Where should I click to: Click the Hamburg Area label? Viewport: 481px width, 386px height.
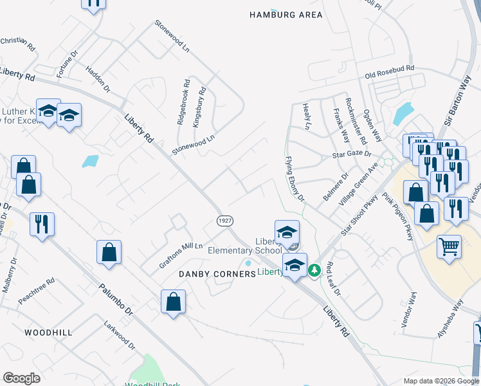click(x=286, y=15)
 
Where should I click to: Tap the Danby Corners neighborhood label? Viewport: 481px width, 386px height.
click(x=217, y=274)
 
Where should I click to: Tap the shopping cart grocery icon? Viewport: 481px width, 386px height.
click(x=449, y=246)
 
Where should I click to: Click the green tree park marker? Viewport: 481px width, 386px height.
click(x=314, y=271)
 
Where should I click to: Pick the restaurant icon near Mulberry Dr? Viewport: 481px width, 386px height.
click(x=42, y=225)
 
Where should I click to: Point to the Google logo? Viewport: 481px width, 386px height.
click(x=22, y=378)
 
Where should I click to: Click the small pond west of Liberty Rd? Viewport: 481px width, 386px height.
click(x=91, y=161)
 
